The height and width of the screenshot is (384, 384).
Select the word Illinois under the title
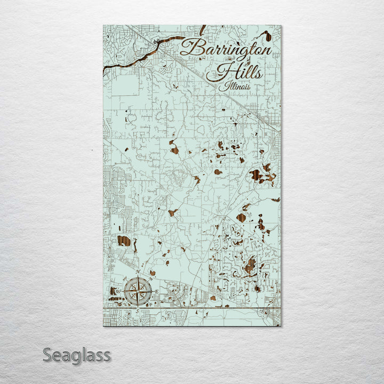pyautogui.click(x=237, y=86)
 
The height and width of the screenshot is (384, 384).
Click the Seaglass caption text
pyautogui.click(x=77, y=355)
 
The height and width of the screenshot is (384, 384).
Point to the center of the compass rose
pyautogui.click(x=138, y=291)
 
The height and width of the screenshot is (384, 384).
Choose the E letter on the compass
pyautogui.click(x=156, y=291)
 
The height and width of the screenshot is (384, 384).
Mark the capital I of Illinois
pyautogui.click(x=227, y=86)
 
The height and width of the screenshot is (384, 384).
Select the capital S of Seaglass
pyautogui.click(x=47, y=355)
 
